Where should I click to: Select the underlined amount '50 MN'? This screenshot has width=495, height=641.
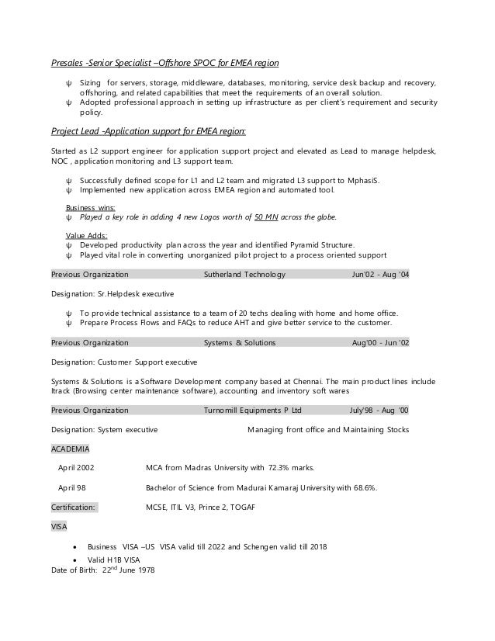266,218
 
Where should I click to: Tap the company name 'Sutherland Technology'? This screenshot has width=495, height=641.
244,275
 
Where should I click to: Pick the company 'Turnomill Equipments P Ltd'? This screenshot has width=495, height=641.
252,410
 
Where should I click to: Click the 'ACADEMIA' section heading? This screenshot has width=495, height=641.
70,449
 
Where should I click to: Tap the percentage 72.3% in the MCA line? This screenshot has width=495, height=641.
280,468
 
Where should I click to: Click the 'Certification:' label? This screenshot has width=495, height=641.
74,507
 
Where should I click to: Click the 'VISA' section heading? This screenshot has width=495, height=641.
59,526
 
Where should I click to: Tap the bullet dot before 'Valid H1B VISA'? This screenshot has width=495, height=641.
74,559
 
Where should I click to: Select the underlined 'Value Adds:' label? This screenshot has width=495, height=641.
86,235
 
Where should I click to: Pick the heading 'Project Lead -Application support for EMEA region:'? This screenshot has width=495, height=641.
148,130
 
